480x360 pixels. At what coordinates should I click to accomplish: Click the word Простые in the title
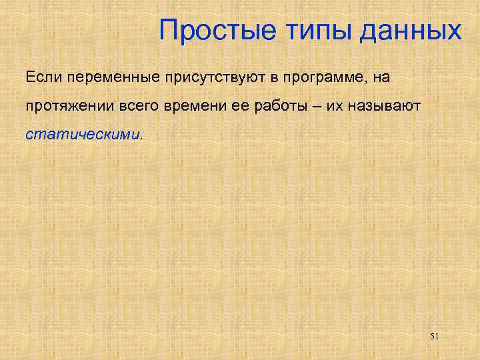pyautogui.click(x=209, y=30)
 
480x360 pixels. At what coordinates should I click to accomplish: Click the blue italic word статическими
pyautogui.click(x=83, y=135)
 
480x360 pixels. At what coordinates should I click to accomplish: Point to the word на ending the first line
pyautogui.click(x=380, y=77)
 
